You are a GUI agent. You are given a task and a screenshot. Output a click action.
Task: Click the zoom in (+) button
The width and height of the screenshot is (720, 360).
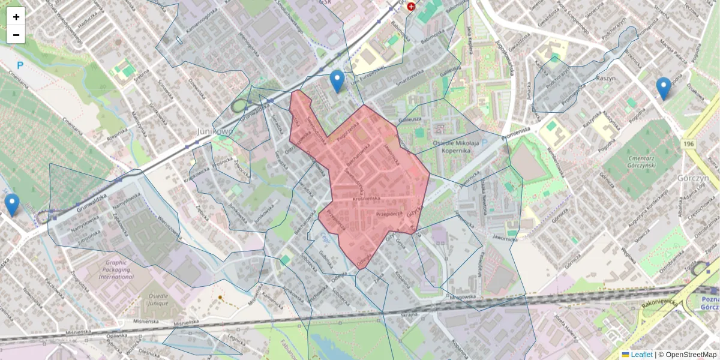click(16, 17)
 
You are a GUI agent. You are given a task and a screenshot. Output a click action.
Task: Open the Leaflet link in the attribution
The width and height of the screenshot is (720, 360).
click(641, 355)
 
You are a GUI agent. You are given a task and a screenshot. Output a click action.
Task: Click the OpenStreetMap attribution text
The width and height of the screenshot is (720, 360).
click(691, 355)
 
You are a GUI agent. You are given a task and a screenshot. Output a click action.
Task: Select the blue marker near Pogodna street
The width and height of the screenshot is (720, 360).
click(663, 88)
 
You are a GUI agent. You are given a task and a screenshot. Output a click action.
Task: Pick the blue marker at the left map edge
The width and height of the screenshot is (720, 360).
click(11, 205)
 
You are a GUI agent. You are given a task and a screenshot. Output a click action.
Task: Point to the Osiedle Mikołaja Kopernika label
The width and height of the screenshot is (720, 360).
click(456, 147)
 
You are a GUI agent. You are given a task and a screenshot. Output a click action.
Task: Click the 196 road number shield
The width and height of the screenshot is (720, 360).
click(689, 144)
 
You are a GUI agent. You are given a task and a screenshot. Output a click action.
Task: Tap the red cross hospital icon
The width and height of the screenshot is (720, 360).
click(411, 7)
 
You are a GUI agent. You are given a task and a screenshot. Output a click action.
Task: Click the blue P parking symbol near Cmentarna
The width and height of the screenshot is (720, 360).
click(20, 65)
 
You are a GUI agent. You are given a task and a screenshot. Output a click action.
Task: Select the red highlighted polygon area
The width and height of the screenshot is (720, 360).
click(372, 180)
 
